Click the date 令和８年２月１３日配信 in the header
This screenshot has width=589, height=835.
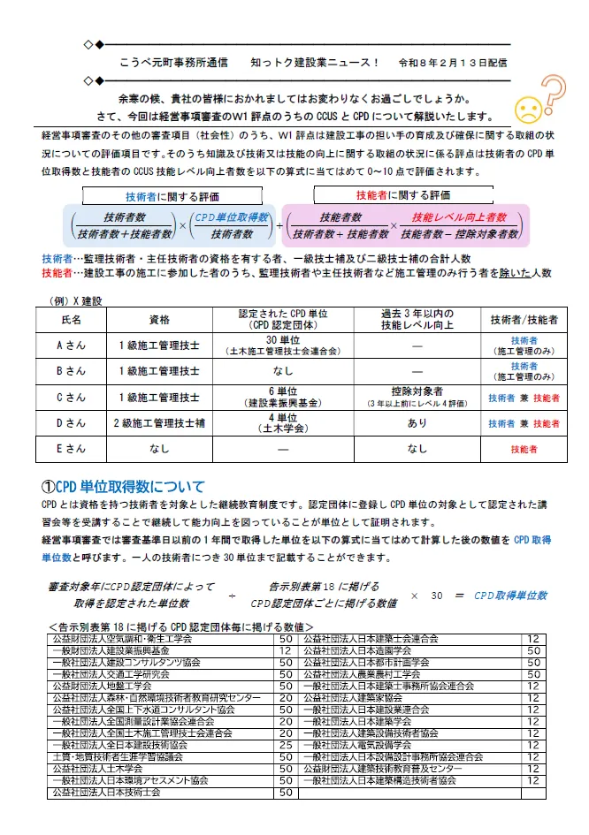(x=454, y=63)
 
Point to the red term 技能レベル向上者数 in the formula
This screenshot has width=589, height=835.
(x=459, y=217)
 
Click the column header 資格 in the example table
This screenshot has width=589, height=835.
(x=160, y=320)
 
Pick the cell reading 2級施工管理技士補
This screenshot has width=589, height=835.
(x=160, y=423)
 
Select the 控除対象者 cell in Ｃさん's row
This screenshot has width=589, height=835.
(x=417, y=391)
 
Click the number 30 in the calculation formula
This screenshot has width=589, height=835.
(x=436, y=596)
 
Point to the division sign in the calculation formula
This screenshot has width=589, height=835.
(x=232, y=596)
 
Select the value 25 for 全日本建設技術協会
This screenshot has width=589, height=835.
(x=286, y=746)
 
